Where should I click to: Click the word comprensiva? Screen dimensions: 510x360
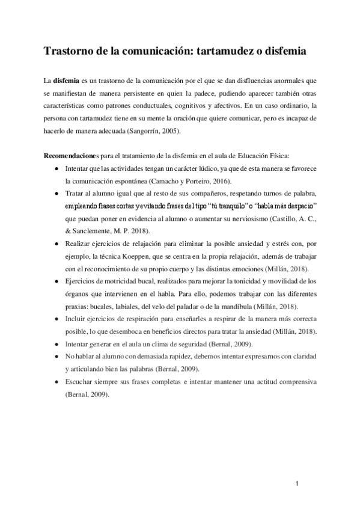click(284, 382)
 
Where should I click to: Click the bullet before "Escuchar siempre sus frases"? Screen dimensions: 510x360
click(56, 382)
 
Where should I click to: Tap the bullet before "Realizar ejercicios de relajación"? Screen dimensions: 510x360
click(56, 244)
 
